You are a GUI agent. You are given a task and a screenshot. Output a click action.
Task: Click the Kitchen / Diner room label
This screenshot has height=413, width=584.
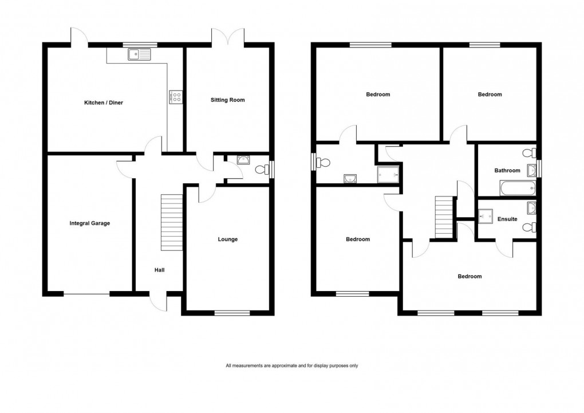pyautogui.click(x=104, y=103)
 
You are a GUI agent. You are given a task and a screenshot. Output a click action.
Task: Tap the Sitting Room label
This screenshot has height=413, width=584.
pyautogui.click(x=228, y=100)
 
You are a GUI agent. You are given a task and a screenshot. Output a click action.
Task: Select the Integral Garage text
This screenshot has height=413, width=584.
pyautogui.click(x=89, y=223)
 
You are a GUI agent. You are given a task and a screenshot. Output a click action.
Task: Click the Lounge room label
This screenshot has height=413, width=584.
pyautogui.click(x=227, y=239)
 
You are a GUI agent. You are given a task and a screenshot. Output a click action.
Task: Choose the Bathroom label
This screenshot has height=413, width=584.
pyautogui.click(x=507, y=170)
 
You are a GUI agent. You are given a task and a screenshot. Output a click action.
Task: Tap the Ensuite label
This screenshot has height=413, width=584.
pyautogui.click(x=507, y=219)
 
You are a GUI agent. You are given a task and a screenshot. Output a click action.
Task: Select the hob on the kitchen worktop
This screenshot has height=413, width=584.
pyautogui.click(x=175, y=97)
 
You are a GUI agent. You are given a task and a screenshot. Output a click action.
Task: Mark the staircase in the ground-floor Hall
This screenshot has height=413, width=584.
pyautogui.click(x=171, y=222)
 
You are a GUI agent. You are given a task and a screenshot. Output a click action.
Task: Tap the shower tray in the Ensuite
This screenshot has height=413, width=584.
pyautogui.click(x=485, y=215)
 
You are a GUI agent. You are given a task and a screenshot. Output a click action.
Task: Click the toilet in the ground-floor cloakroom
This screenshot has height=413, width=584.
pyautogui.click(x=262, y=170)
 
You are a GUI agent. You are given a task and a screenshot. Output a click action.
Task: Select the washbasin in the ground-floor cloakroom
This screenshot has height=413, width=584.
pyautogui.click(x=243, y=159)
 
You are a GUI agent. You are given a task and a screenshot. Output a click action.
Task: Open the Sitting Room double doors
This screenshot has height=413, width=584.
pyautogui.click(x=229, y=37)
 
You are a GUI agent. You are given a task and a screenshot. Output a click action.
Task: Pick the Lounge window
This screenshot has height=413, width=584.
pyautogui.click(x=232, y=313)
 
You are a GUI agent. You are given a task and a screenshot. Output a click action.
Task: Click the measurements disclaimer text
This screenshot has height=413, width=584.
pyautogui.click(x=292, y=365)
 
